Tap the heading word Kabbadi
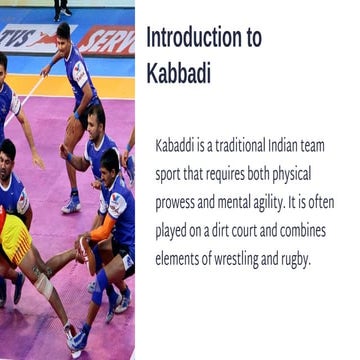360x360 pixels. (x=178, y=75)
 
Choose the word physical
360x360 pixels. (x=307, y=173)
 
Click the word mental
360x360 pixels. (x=245, y=201)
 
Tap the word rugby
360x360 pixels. (x=314, y=257)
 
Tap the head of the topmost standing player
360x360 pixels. (x=63, y=34)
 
